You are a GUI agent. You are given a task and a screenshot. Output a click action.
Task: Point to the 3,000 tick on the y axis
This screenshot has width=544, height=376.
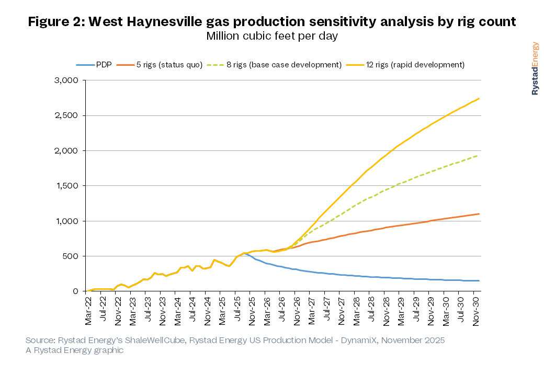pyautogui.click(x=67, y=80)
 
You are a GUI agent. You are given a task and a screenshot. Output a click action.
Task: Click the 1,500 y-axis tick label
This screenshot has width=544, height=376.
pyautogui.click(x=67, y=186)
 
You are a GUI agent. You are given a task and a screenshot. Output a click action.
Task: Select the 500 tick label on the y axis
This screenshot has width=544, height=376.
pyautogui.click(x=71, y=256)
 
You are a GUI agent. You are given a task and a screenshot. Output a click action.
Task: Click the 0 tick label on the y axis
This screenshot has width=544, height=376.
pyautogui.click(x=76, y=291)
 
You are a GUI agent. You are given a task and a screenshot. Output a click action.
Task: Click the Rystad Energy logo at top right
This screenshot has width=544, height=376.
pyautogui.click(x=536, y=68)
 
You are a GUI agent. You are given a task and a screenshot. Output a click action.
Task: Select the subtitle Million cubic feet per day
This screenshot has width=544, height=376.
pyautogui.click(x=272, y=36)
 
